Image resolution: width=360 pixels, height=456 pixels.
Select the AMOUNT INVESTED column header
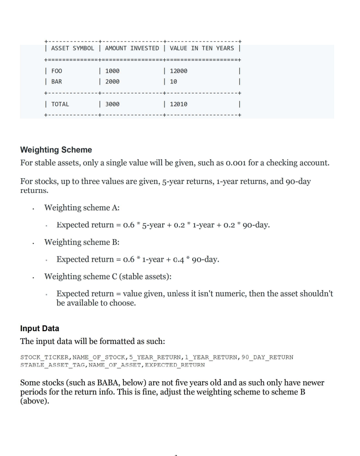(x=132, y=48)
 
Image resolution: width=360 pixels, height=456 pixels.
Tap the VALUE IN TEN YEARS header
(x=202, y=48)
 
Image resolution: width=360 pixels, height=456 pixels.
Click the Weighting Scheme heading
(x=56, y=150)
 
